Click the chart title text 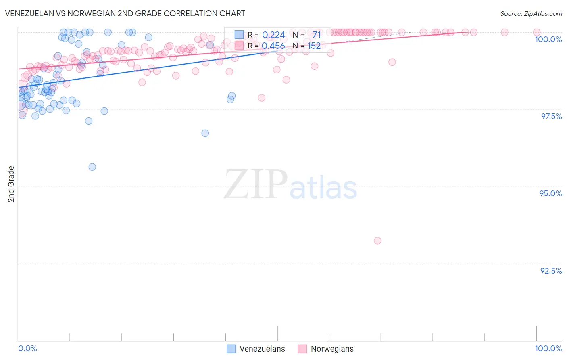coord(125,13)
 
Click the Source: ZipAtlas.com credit coord(531,14)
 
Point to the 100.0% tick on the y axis coord(548,39)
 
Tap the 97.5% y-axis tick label coord(551,116)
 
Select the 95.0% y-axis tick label coord(550,193)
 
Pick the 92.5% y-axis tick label coord(551,271)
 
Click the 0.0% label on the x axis coord(27,348)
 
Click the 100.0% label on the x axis coord(548,348)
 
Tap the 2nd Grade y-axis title coord(11,184)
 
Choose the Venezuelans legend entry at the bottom coord(256,349)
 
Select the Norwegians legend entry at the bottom coord(325,349)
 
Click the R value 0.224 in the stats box coord(273,35)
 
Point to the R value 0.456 coord(273,46)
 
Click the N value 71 coord(316,35)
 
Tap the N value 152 coord(314,46)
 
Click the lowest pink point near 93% coord(377,241)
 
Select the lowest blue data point coord(92,167)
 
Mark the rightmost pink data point coord(536,32)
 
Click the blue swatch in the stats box coord(239,35)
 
